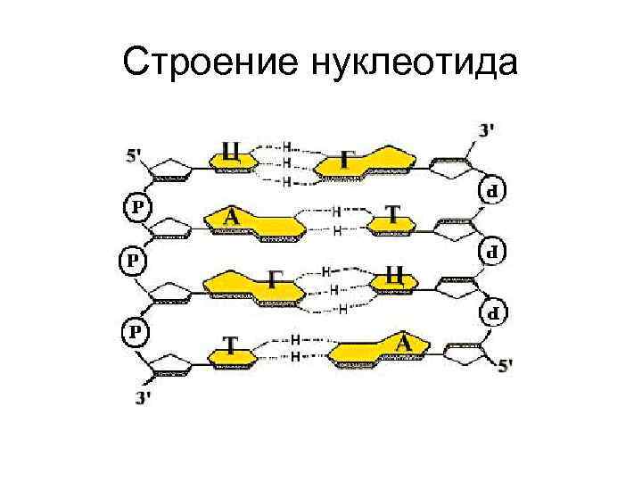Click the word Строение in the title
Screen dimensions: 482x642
[213, 62]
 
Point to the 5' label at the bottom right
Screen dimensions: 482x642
[505, 365]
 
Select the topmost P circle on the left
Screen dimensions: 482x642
[136, 206]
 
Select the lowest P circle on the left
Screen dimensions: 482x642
[136, 330]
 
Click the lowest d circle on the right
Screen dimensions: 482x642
[492, 312]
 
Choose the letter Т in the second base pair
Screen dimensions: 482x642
[393, 214]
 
